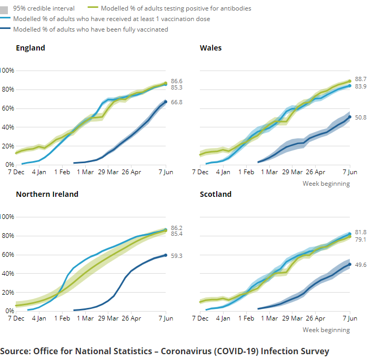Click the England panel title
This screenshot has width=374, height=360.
pyautogui.click(x=31, y=48)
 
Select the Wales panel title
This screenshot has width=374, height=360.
pyautogui.click(x=210, y=48)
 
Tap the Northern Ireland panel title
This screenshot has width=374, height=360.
pyautogui.click(x=47, y=194)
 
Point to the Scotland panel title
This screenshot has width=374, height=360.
pyautogui.click(x=215, y=194)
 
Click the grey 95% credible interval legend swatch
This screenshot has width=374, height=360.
pyautogui.click(x=6, y=8)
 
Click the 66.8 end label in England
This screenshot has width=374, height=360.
pyautogui.click(x=177, y=102)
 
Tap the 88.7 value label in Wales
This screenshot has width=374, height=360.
pyautogui.click(x=361, y=78)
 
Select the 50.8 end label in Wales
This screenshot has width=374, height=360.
pyautogui.click(x=361, y=117)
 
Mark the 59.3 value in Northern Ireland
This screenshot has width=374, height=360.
pyautogui.click(x=177, y=256)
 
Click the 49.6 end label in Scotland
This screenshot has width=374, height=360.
pyautogui.click(x=361, y=265)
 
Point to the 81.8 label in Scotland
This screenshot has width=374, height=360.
pyautogui.click(x=361, y=232)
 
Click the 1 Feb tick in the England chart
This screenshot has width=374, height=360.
pyautogui.click(x=62, y=172)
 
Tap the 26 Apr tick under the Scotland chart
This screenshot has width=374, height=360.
pyautogui.click(x=316, y=318)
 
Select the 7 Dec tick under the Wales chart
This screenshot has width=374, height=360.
pyautogui.click(x=200, y=172)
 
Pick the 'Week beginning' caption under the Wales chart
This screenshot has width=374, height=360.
pyautogui.click(x=326, y=184)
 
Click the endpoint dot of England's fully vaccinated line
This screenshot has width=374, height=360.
pyautogui.click(x=166, y=102)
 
